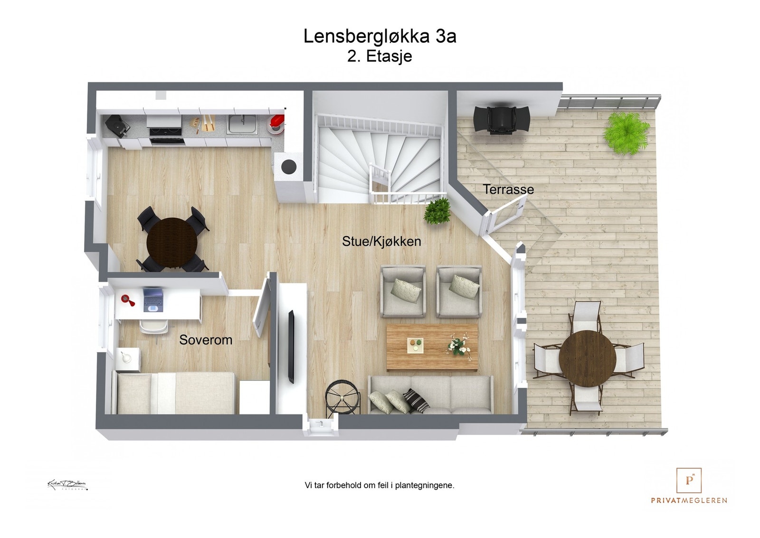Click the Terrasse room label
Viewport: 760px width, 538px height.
508,189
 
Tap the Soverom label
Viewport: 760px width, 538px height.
206,340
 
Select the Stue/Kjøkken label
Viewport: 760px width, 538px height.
381,241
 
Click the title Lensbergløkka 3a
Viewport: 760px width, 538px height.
380,37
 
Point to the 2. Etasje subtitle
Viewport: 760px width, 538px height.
380,56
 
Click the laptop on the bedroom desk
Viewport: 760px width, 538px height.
153,300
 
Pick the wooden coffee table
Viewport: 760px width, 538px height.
432,347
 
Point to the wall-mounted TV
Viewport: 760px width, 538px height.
291,346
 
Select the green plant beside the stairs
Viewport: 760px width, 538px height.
437,211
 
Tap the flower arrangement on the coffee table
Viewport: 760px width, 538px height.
458,346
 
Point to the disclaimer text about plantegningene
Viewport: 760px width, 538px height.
380,485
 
